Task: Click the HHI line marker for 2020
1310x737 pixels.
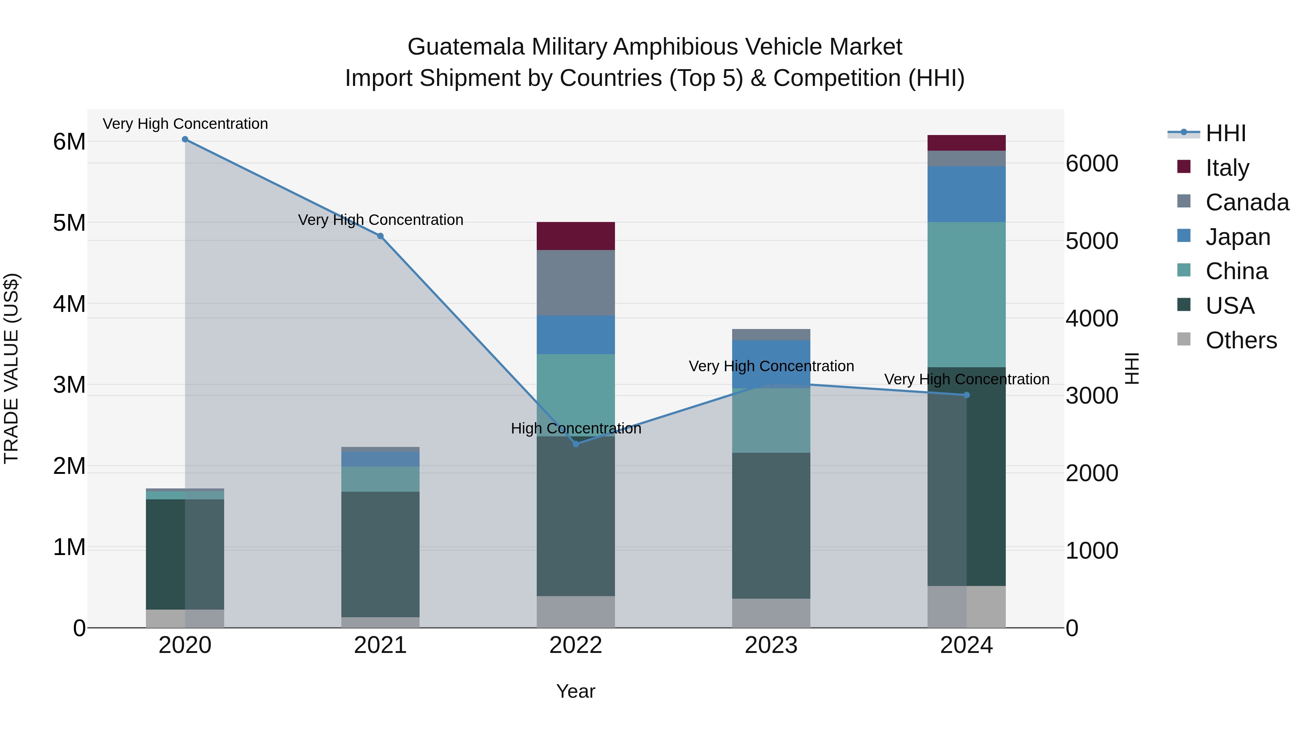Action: click(185, 139)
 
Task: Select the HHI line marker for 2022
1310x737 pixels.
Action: click(576, 444)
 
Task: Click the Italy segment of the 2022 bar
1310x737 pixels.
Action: click(576, 236)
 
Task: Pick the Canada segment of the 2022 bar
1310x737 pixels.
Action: click(576, 283)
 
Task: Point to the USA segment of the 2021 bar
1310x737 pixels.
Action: click(380, 554)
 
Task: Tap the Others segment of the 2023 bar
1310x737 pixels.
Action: click(771, 613)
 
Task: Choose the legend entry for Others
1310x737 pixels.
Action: click(1240, 340)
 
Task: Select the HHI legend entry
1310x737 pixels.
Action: click(1225, 133)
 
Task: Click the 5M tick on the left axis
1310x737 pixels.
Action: click(69, 223)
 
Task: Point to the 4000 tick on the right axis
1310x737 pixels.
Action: click(1091, 318)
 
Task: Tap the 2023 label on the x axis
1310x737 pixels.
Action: click(771, 645)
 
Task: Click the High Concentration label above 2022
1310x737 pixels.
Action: click(576, 428)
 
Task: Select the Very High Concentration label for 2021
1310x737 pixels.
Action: click(380, 220)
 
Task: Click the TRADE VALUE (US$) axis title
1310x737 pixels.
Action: click(11, 368)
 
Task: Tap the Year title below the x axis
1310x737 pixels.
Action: click(576, 691)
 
